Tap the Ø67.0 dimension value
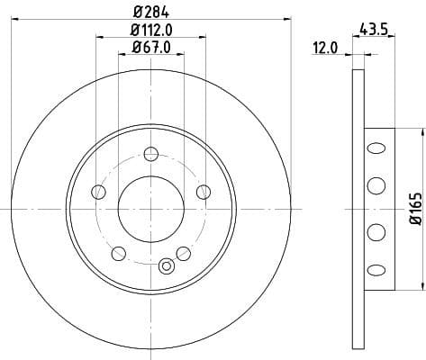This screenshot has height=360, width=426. pos(150,47)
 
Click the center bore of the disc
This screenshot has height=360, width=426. pos(151,208)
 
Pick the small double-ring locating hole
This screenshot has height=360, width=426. pos(165,265)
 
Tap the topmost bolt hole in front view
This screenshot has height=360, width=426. pos(151,154)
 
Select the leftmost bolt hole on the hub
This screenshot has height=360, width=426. pos(99,191)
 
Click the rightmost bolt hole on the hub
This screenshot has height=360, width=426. pos(204,191)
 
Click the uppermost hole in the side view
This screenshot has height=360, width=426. pos(375,147)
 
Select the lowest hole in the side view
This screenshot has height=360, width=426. pos(375,270)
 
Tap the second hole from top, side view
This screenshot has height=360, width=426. pos(375,186)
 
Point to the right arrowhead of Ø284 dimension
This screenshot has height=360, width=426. pos(288,18)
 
